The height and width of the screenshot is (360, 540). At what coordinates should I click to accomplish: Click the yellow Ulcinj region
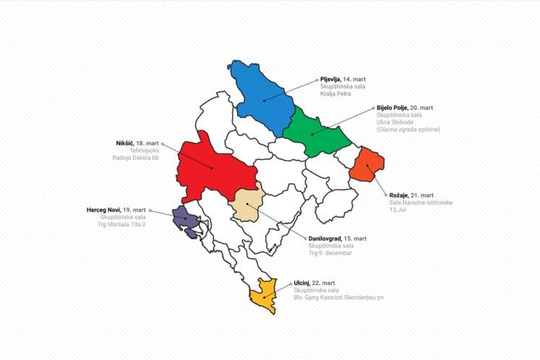[x=265, y=295]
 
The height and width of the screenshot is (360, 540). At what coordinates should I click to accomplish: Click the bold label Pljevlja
[x=330, y=79]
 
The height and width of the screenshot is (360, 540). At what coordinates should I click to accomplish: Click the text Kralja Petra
[x=336, y=93]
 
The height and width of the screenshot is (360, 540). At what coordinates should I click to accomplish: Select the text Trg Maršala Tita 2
[x=123, y=224]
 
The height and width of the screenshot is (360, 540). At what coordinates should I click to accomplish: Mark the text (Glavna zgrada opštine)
[x=408, y=129]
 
